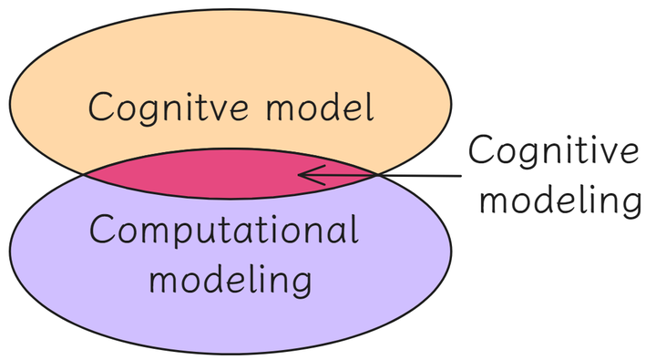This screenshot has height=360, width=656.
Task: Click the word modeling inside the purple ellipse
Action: click(231, 278)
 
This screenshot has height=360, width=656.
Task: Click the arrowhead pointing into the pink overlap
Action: click(304, 172)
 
